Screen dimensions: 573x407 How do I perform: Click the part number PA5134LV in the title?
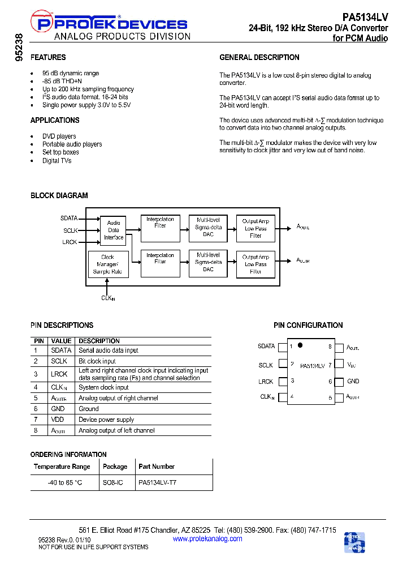365,18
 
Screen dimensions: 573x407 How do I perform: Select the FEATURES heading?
48,57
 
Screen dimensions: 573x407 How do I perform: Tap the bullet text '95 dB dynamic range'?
71,73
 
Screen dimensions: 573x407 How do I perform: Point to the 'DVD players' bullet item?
59,136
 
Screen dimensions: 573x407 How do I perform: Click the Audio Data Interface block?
114,230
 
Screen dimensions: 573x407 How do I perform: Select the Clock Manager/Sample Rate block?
107,264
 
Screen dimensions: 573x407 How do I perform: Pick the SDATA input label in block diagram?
69,217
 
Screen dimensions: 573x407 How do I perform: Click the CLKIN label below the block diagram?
108,298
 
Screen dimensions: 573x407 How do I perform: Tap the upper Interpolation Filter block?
160,229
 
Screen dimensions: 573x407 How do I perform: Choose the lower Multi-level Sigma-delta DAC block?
209,263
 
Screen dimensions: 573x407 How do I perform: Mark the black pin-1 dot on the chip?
300,344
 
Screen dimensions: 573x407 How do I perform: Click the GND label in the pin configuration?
353,382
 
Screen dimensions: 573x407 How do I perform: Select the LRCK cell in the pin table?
59,374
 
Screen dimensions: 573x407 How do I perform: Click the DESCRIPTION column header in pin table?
99,341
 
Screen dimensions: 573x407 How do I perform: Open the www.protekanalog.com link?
207,538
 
